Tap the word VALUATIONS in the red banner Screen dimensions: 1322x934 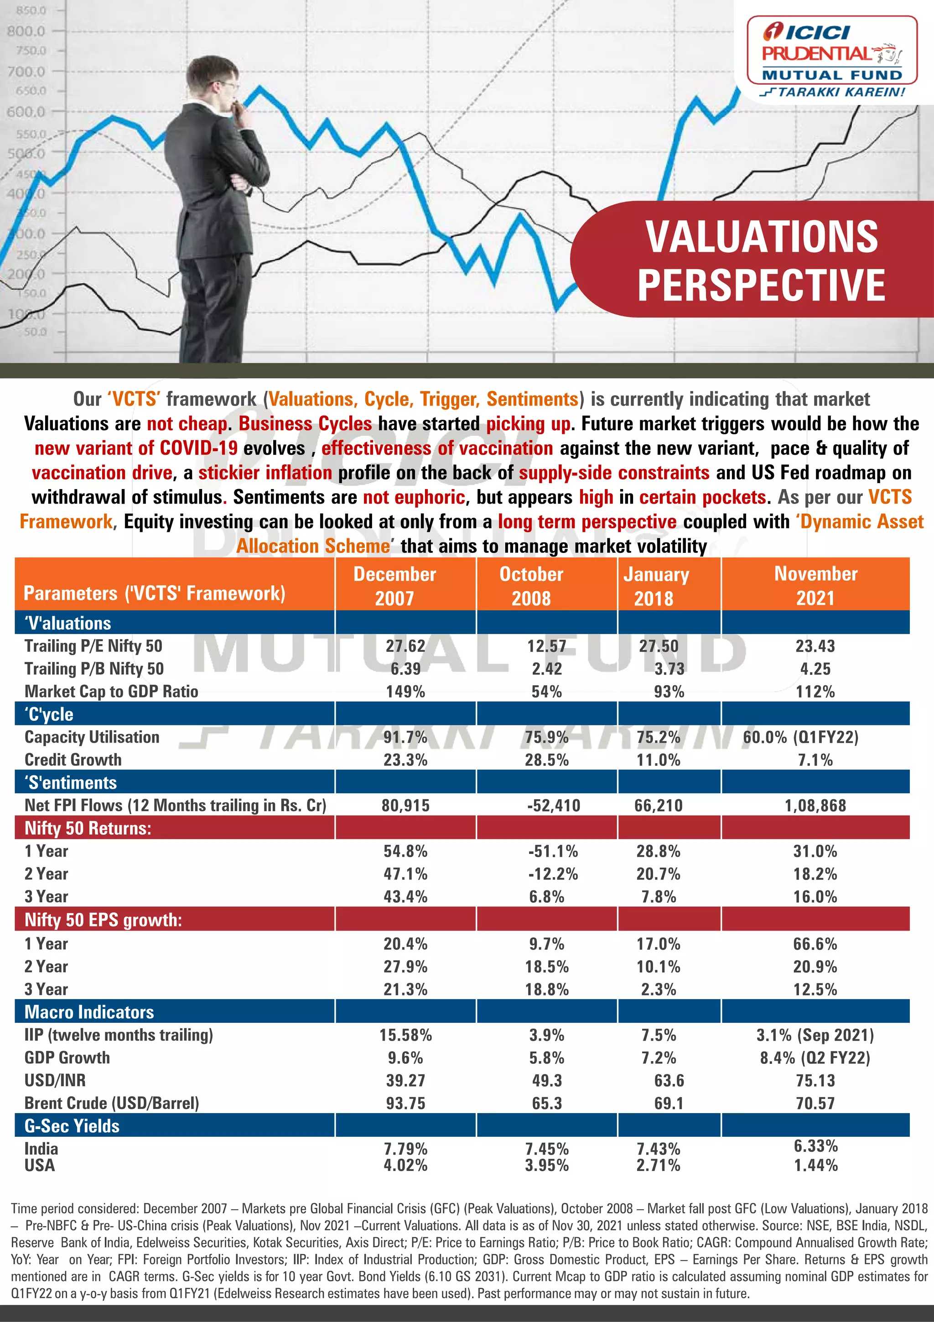pyautogui.click(x=761, y=237)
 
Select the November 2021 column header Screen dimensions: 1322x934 pyautogui.click(x=815, y=586)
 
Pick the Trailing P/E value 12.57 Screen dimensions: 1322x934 pyautogui.click(x=546, y=646)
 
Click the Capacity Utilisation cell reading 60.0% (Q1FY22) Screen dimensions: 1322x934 pyautogui.click(x=800, y=737)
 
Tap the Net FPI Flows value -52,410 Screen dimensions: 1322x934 pyautogui.click(x=553, y=806)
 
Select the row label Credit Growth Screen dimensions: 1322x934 pyautogui.click(x=73, y=760)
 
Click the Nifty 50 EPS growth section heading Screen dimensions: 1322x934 pyautogui.click(x=103, y=920)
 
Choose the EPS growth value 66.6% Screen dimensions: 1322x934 pyautogui.click(x=815, y=944)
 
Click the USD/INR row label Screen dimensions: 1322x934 pyautogui.click(x=55, y=1080)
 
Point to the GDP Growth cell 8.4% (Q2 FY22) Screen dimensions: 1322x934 pyautogui.click(x=815, y=1058)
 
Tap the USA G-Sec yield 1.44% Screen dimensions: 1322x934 pyautogui.click(x=815, y=1166)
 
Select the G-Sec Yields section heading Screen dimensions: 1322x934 pyautogui.click(x=72, y=1126)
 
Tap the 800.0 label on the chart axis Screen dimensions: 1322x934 pyautogui.click(x=26, y=31)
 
